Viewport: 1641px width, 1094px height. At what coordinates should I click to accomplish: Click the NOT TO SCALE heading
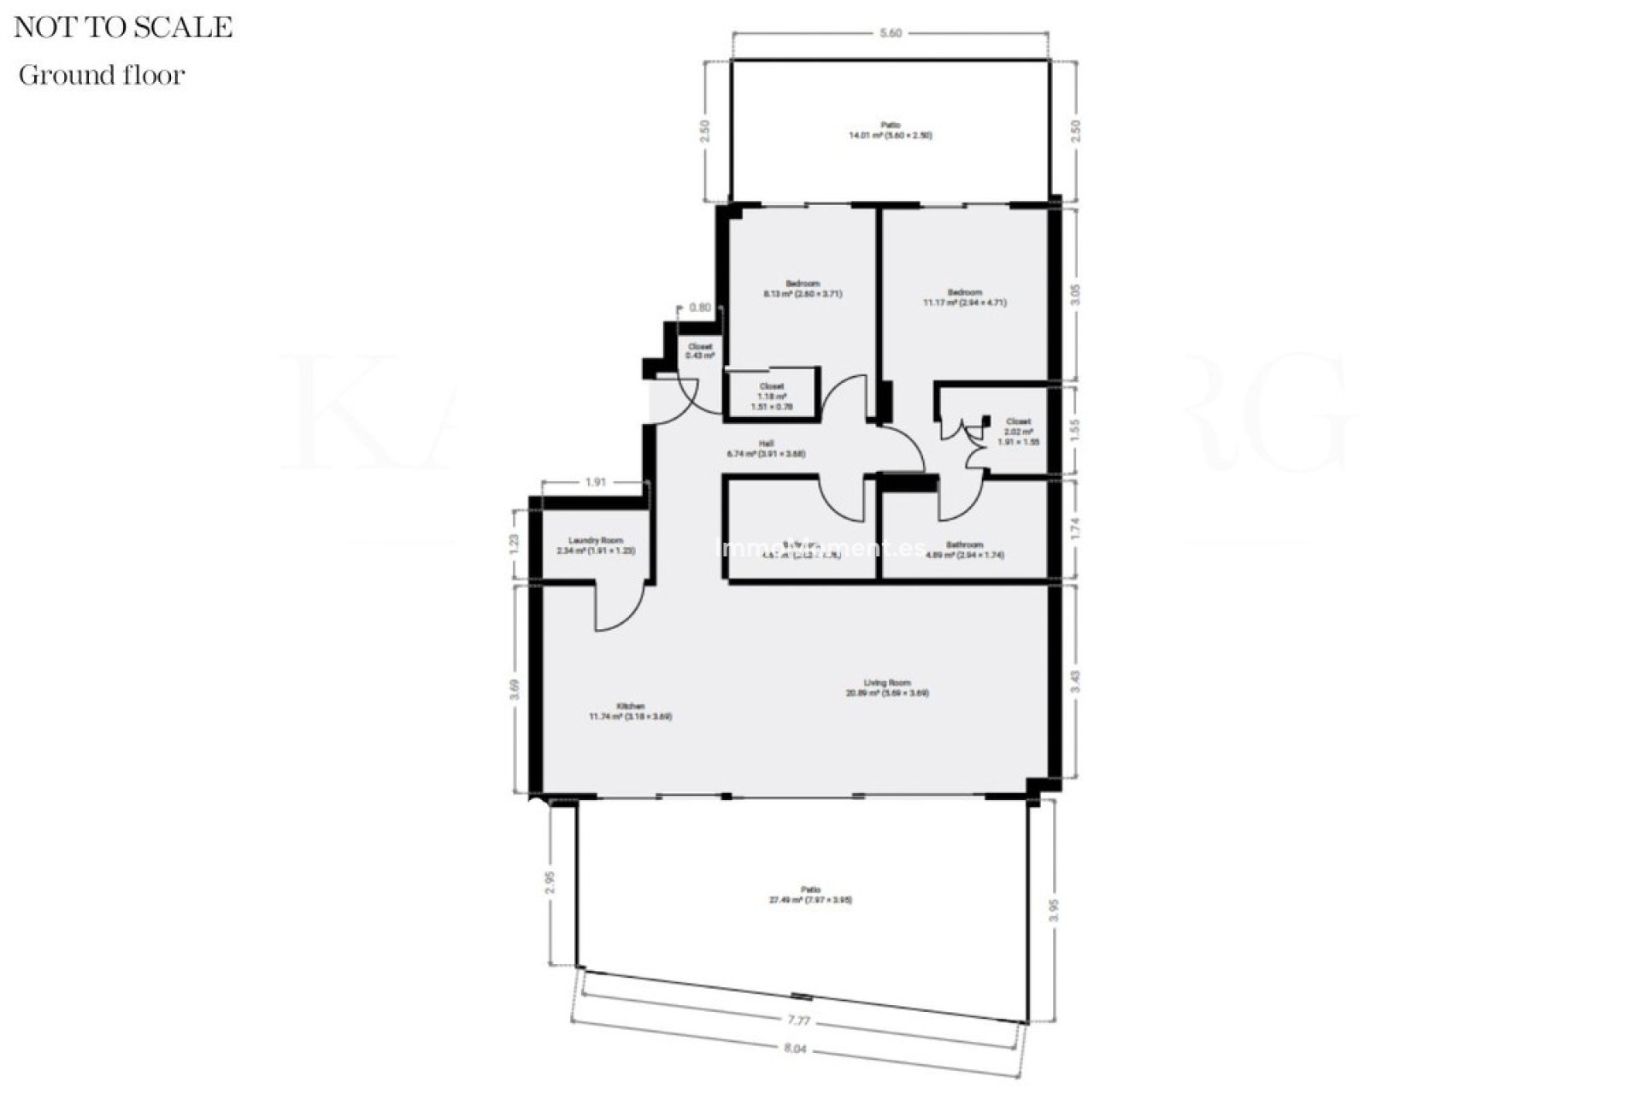point(123,27)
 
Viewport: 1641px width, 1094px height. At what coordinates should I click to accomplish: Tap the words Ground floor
point(102,75)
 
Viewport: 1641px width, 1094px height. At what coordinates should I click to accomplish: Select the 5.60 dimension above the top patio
point(891,33)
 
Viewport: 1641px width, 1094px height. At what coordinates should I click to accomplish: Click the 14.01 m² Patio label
point(890,130)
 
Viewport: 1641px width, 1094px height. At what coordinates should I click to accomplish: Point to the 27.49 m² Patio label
point(810,895)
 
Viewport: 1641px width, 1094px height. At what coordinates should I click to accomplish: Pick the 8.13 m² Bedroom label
point(803,289)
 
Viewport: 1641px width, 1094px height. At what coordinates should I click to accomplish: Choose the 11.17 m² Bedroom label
point(965,297)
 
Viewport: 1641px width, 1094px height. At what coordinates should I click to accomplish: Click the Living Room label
point(887,688)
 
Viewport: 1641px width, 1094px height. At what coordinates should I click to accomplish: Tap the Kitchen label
point(631,711)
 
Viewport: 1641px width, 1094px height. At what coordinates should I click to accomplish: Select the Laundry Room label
point(596,545)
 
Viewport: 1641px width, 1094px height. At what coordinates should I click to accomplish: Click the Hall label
point(766,449)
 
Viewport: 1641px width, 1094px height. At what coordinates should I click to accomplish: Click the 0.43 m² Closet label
point(700,350)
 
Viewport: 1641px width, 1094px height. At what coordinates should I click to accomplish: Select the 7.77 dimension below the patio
point(798,1020)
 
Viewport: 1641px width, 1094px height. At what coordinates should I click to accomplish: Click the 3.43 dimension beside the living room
point(1076,681)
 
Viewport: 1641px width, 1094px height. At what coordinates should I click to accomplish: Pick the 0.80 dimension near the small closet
point(699,308)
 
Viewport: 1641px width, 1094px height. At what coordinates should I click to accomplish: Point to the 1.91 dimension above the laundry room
point(595,482)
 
